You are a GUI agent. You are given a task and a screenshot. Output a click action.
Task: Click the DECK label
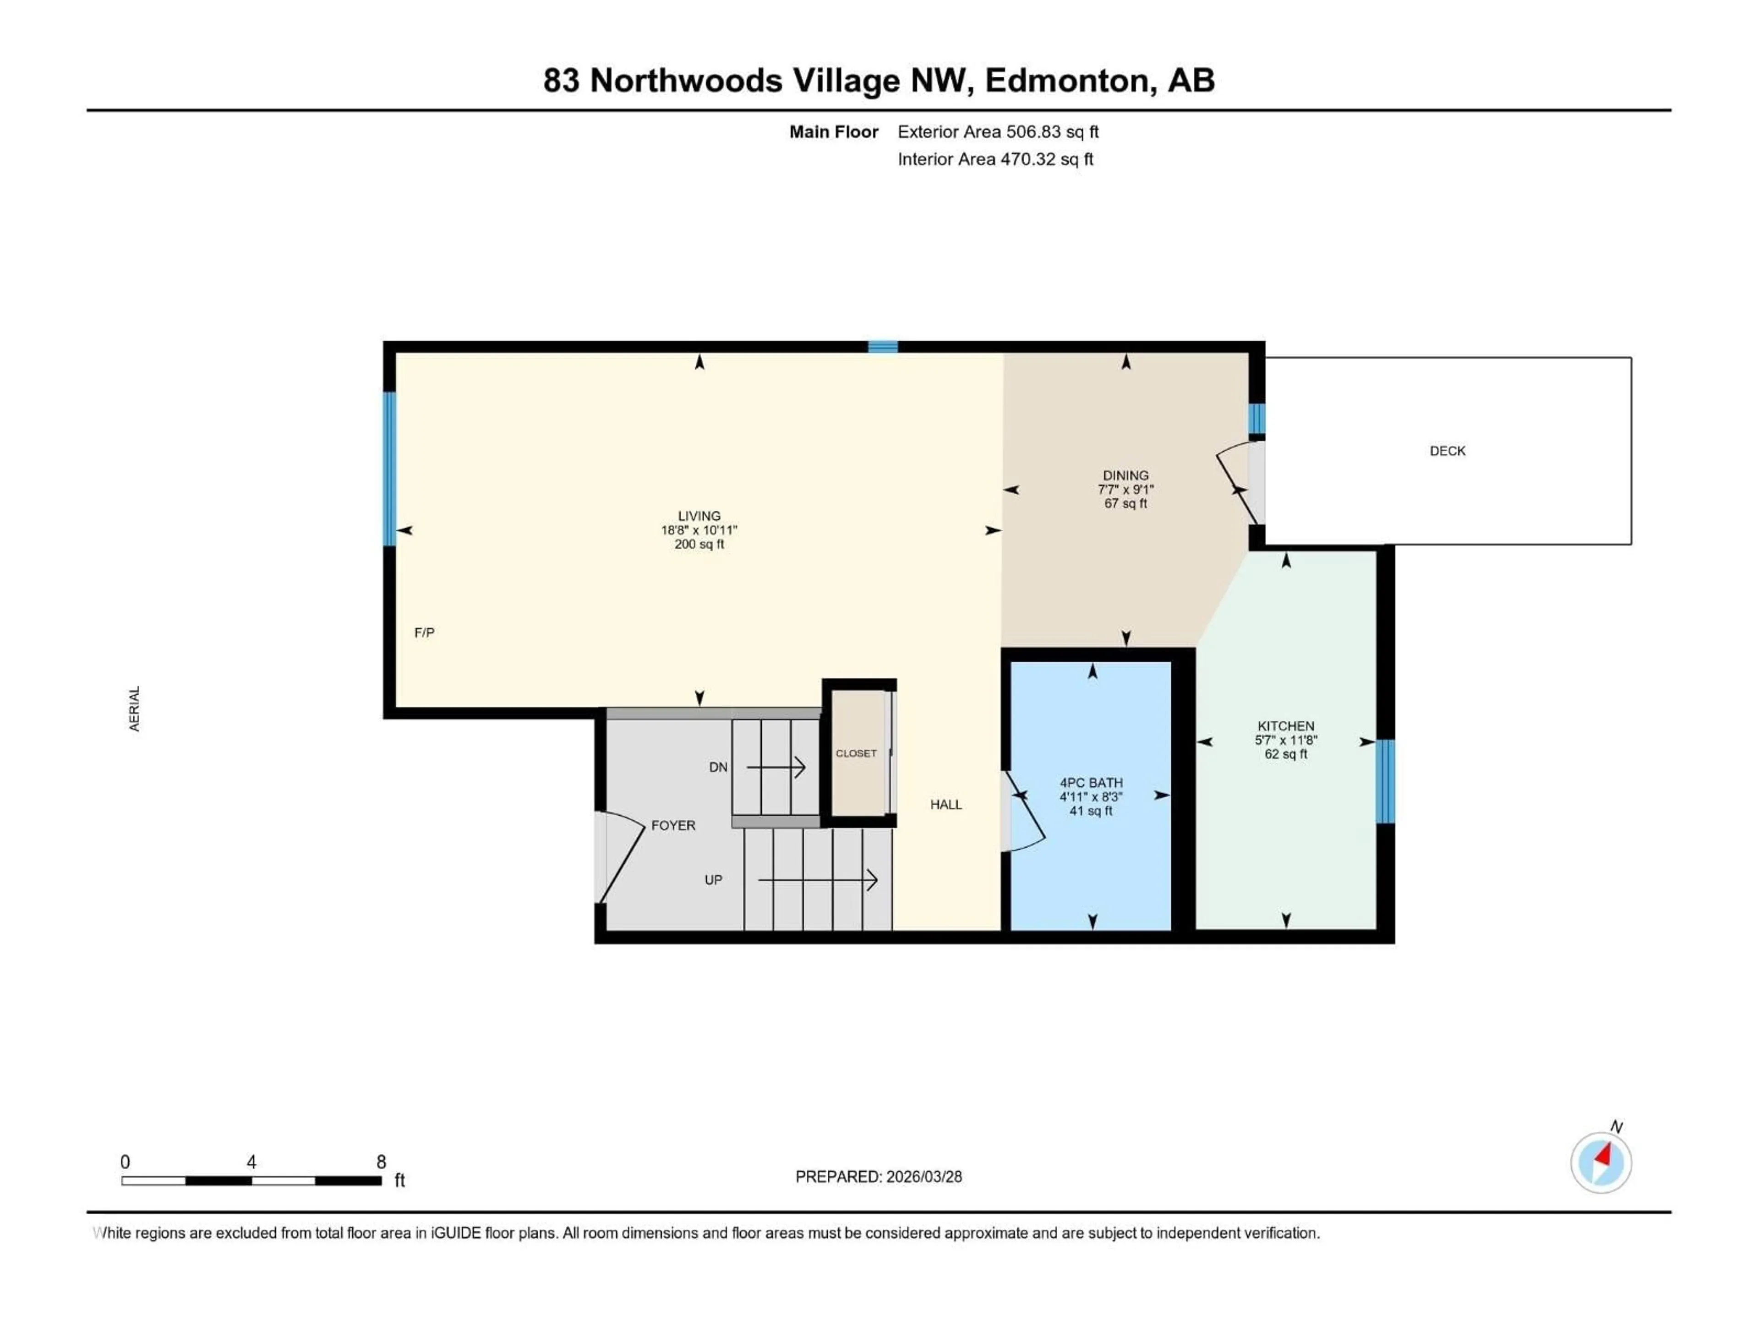(1447, 451)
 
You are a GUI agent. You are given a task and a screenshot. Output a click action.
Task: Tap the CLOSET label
(856, 753)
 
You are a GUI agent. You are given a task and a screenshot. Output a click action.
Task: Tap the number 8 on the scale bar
(381, 1161)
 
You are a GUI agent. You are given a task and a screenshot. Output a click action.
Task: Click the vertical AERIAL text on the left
(134, 709)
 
